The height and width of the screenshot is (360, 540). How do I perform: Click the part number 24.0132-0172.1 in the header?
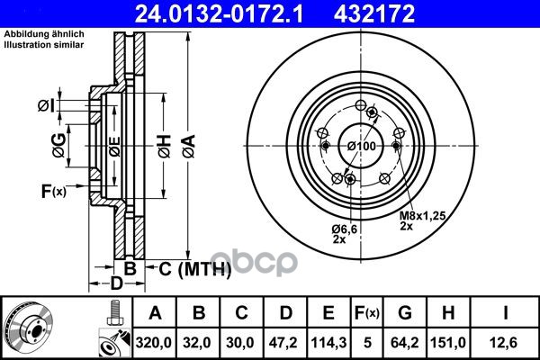click(x=219, y=13)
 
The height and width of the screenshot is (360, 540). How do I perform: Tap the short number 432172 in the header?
click(x=374, y=13)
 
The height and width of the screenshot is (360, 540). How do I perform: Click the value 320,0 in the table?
click(x=154, y=343)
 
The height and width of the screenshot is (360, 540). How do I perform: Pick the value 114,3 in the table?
click(x=328, y=343)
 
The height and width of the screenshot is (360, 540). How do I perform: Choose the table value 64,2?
click(x=405, y=343)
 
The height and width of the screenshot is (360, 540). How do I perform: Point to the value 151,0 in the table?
click(x=448, y=343)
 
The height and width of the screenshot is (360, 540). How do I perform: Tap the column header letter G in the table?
click(x=405, y=313)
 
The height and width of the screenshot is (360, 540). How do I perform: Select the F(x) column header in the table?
click(x=367, y=313)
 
